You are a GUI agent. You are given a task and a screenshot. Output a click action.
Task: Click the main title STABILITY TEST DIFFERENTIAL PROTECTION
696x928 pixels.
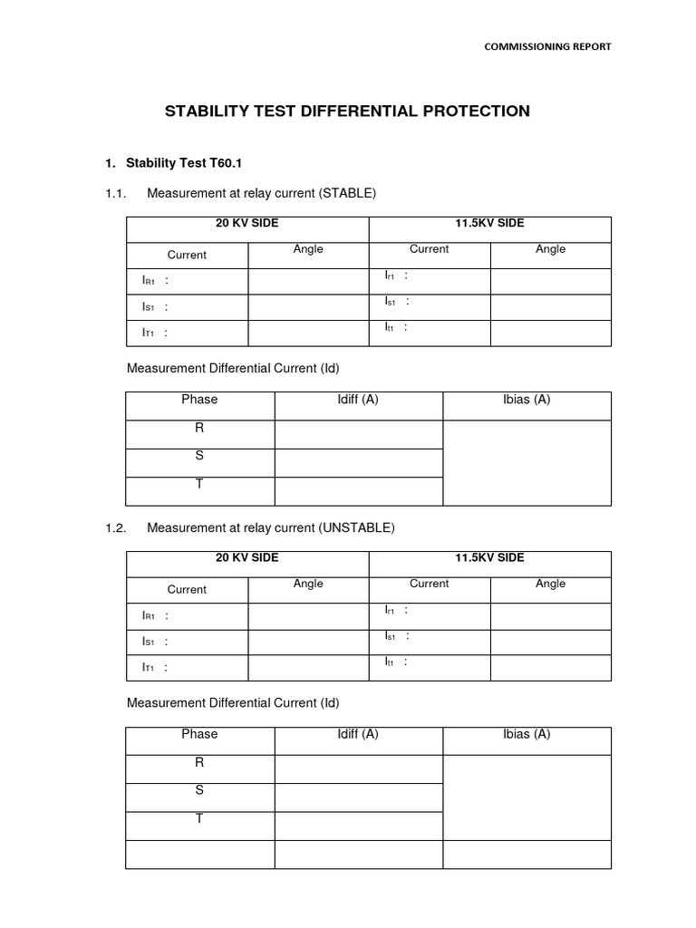click(x=347, y=111)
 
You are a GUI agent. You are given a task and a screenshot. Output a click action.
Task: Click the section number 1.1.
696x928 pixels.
click(x=116, y=193)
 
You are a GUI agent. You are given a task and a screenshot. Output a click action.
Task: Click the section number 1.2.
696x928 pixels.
click(x=116, y=527)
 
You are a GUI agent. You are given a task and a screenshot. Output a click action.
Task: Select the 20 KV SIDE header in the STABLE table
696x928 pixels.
click(x=246, y=224)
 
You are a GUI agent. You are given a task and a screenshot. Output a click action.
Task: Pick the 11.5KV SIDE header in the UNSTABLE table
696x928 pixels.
click(x=489, y=558)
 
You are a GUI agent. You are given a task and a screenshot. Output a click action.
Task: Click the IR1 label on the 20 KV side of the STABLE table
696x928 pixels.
click(x=150, y=282)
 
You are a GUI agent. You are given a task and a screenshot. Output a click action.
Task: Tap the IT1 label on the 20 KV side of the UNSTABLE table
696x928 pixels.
click(x=150, y=668)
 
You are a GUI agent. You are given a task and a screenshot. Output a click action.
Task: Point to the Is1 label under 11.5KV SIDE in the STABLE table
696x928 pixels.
click(x=391, y=301)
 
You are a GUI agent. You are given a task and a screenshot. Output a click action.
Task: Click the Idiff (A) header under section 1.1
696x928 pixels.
click(x=358, y=400)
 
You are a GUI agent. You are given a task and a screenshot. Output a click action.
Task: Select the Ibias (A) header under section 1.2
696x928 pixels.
click(x=527, y=734)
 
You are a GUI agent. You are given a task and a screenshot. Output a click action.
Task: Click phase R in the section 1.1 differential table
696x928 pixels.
click(x=199, y=429)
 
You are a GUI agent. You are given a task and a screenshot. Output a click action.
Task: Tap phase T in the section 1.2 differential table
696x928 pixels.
click(x=199, y=819)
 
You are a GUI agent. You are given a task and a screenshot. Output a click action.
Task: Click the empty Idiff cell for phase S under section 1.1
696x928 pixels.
click(x=358, y=463)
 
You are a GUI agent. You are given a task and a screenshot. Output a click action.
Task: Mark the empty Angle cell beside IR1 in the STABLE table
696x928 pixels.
click(x=308, y=282)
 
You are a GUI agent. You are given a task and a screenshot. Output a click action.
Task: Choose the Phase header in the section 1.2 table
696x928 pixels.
click(x=199, y=734)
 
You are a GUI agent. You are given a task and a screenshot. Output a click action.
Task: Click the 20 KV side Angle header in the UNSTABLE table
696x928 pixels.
click(x=308, y=585)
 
